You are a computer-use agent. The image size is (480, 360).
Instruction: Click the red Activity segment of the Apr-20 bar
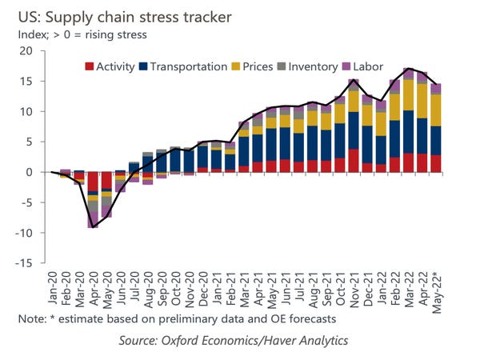click(x=94, y=182)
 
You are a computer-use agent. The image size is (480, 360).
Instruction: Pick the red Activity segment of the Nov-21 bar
click(x=354, y=161)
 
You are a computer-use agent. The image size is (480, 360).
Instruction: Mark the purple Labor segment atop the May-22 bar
click(x=436, y=89)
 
